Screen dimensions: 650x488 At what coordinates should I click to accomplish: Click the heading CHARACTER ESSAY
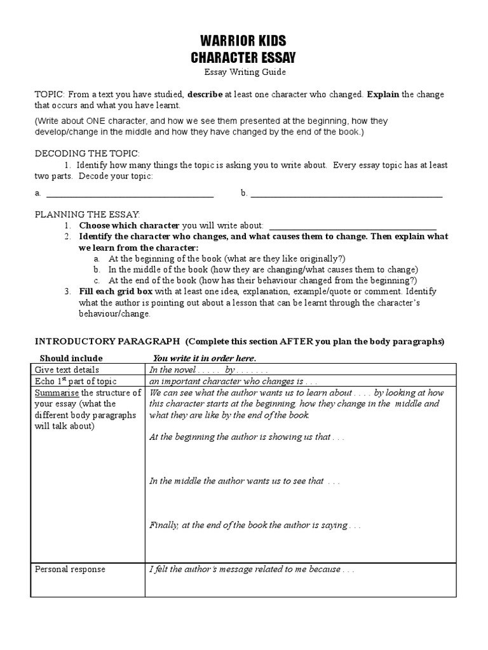[243, 58]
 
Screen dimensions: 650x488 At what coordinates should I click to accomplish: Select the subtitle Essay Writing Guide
[243, 73]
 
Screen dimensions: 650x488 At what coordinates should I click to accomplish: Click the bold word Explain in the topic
[383, 95]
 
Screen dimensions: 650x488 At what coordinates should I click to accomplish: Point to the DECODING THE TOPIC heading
[86, 154]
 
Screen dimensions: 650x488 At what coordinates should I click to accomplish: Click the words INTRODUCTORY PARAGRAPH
[107, 341]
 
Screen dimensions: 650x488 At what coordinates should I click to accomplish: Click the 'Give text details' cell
[67, 369]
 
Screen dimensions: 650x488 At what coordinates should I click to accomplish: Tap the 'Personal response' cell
[70, 569]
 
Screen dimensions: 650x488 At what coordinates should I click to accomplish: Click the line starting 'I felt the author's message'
[252, 569]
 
